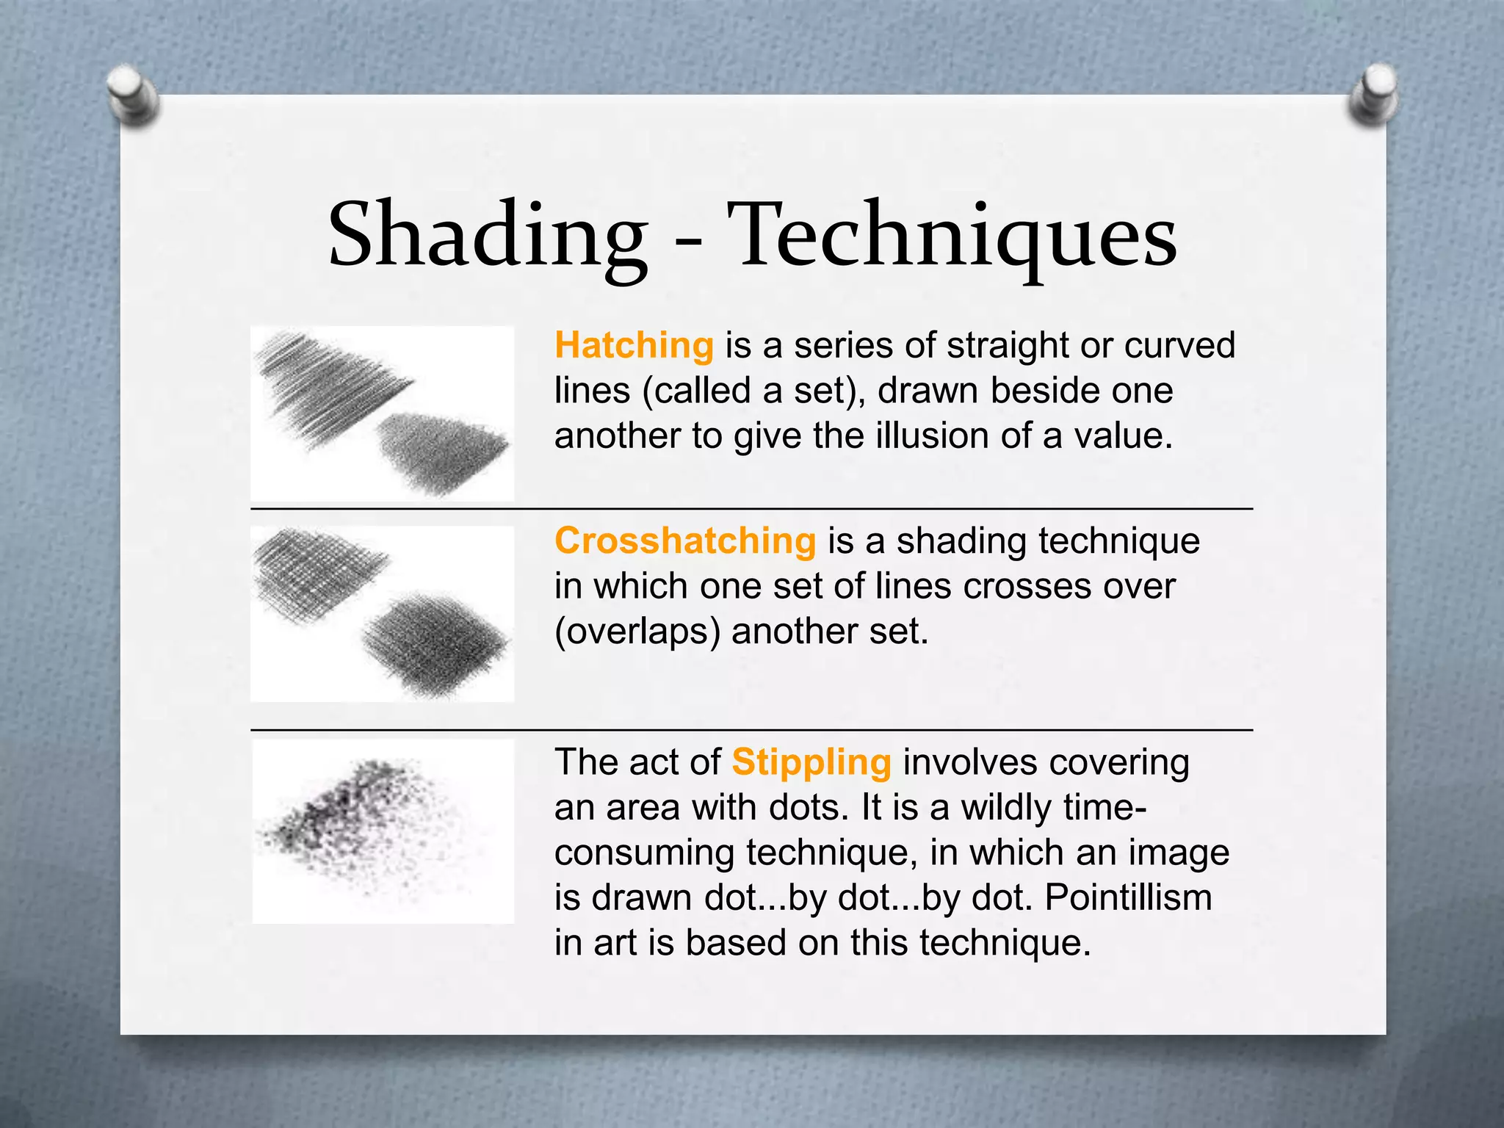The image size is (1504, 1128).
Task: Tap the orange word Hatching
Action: point(634,345)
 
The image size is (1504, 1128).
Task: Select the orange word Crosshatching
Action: point(685,541)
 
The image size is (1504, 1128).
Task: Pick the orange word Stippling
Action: point(811,762)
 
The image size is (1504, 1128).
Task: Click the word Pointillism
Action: point(1128,897)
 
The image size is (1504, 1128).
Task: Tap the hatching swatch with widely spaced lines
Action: point(330,386)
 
